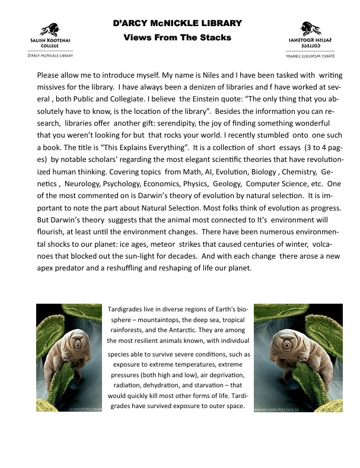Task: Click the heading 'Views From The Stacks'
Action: point(177,37)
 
